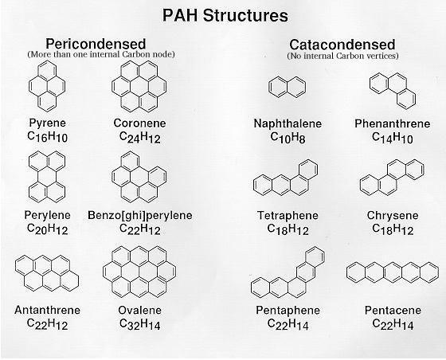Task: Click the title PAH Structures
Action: (x=225, y=15)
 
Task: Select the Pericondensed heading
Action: (x=96, y=44)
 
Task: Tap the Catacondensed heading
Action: (x=342, y=45)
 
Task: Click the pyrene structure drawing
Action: (x=47, y=85)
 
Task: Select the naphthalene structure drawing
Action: (x=288, y=87)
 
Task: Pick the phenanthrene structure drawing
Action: (x=393, y=91)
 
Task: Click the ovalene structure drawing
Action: (x=139, y=272)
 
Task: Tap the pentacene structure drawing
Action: (x=393, y=272)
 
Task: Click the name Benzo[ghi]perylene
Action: (x=140, y=215)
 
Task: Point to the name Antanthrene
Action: (x=47, y=310)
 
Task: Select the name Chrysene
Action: (x=393, y=216)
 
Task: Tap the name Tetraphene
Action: (x=288, y=215)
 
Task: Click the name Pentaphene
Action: (x=288, y=310)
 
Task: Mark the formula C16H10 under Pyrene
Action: (x=48, y=136)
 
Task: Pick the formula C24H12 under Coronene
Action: (x=140, y=137)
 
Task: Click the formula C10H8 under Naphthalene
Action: (x=288, y=138)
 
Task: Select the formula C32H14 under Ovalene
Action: (x=140, y=324)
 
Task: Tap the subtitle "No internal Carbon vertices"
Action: (x=342, y=56)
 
